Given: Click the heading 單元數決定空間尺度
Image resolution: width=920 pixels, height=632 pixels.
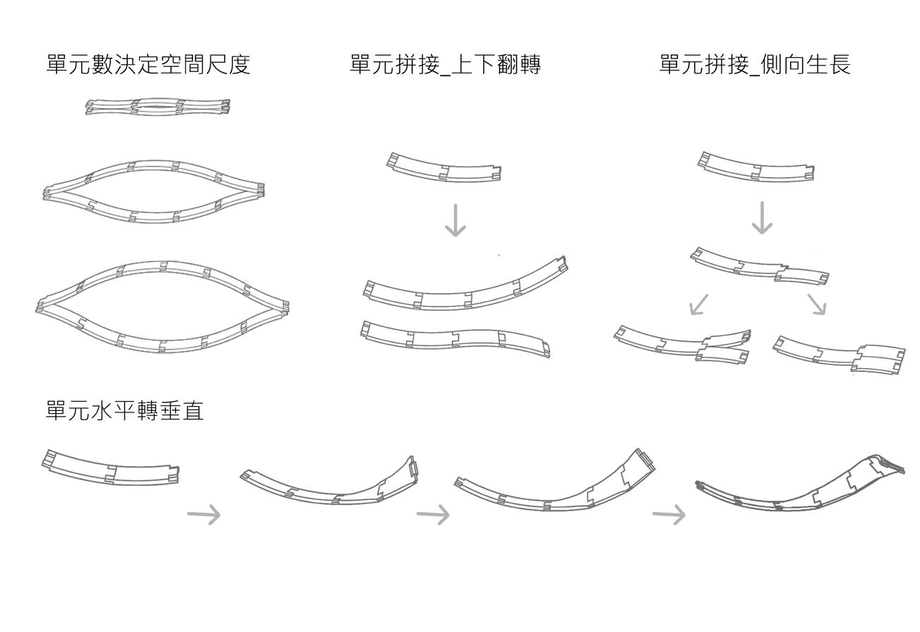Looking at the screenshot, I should [x=148, y=65].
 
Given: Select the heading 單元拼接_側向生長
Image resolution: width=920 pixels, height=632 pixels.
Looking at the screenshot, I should [x=755, y=65].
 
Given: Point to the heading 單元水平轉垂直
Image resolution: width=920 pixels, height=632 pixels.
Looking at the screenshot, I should [x=124, y=411].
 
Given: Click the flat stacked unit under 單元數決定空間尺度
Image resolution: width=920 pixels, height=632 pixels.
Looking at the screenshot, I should [x=157, y=107].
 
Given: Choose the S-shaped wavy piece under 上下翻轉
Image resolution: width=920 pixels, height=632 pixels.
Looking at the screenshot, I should [x=455, y=338].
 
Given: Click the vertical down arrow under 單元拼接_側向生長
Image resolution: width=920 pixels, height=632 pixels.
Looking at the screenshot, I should [x=762, y=217].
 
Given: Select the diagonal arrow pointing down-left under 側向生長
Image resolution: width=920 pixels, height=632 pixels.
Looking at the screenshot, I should [x=698, y=304].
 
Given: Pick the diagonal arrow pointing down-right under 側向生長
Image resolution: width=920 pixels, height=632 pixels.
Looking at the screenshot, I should [x=817, y=304].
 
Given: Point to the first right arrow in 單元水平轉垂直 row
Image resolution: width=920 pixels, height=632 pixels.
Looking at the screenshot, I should [x=203, y=515].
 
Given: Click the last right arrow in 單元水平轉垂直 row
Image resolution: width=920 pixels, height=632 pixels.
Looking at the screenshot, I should [x=669, y=515].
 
